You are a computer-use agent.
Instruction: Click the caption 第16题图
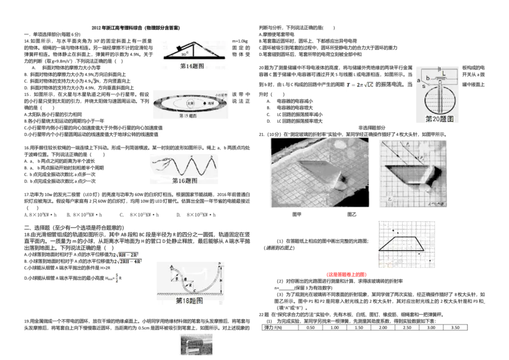click(x=185, y=181)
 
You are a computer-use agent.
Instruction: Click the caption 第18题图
click(x=189, y=300)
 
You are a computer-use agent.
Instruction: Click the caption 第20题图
click(x=439, y=119)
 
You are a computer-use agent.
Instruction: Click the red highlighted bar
click(x=346, y=274)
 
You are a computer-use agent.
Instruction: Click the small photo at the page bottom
click(x=195, y=343)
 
